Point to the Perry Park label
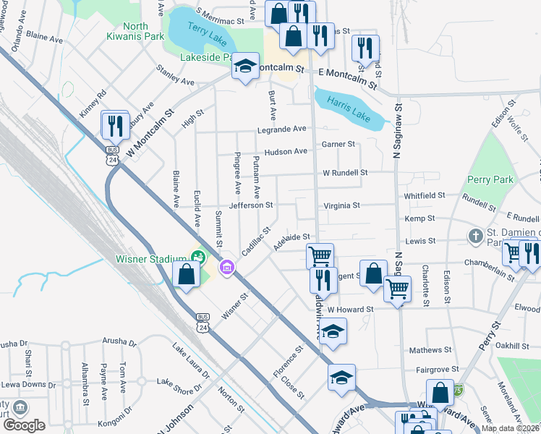pos(490,179)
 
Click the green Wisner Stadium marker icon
pos(197,255)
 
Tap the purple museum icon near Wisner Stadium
pos(227,268)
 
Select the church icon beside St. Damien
pos(475,236)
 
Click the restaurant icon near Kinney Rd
pos(115,126)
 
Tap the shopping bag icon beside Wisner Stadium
pos(187,275)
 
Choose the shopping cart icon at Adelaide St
pos(320,255)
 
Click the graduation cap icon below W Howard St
pos(332,332)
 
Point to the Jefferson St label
pos(250,205)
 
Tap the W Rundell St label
pos(345,173)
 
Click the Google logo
pos(24,425)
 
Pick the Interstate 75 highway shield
pos(457,390)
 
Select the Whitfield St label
pos(425,195)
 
